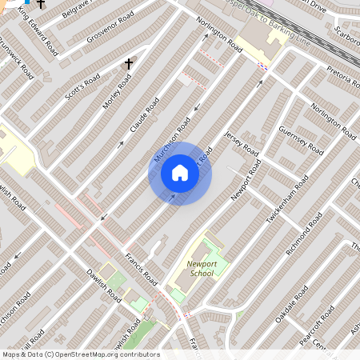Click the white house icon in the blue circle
coord(180,173)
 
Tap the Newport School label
coord(202,267)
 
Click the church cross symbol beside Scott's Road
coord(128,63)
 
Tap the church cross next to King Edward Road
coord(41,4)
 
